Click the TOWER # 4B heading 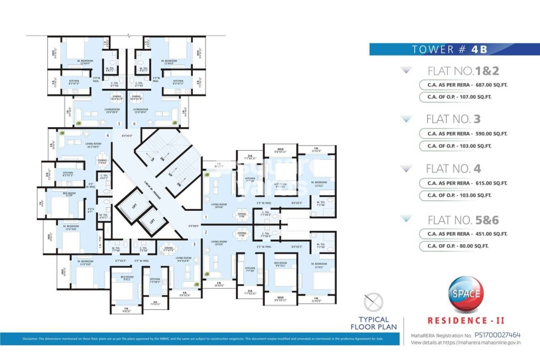click(449, 49)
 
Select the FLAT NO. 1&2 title click(463, 71)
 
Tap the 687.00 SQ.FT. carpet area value click(491, 85)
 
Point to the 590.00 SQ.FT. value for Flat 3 click(491, 134)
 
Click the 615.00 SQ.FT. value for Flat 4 click(491, 183)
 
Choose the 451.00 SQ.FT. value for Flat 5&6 click(491, 234)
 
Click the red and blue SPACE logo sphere click(465, 293)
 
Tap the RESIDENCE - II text click(466, 320)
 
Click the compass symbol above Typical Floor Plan click(373, 301)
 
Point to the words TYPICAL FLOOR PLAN click(373, 323)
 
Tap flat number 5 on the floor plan click(119, 124)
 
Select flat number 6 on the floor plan click(134, 124)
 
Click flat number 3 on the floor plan click(194, 244)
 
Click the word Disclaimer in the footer click(31, 338)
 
